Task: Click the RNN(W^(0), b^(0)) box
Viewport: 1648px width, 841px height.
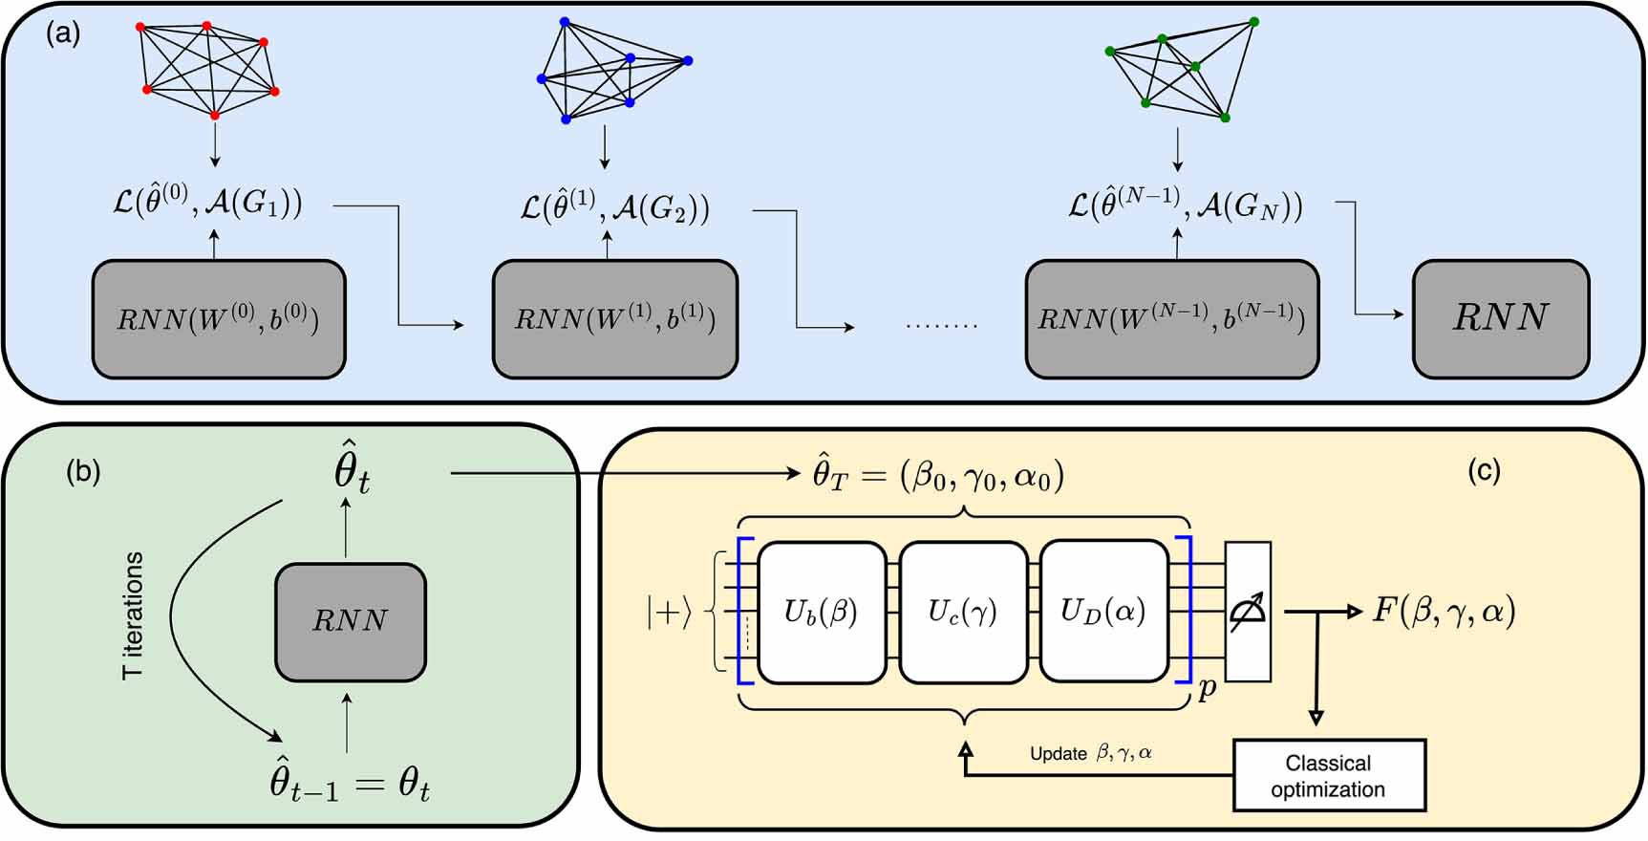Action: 219,319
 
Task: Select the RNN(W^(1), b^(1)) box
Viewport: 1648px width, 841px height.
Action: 615,319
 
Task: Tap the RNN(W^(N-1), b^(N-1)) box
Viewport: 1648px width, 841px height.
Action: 1172,319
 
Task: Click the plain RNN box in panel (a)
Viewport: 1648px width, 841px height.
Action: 1500,319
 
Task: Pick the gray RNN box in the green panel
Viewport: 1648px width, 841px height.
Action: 351,621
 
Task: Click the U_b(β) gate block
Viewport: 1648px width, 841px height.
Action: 822,612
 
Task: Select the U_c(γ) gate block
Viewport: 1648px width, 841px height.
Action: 963,612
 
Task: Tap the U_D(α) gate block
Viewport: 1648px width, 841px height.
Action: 1103,612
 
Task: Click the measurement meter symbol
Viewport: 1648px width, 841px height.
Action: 1248,612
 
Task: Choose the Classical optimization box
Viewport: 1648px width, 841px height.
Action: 1329,776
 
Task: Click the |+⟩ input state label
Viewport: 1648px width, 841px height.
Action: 668,613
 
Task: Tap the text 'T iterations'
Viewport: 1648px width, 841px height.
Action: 133,615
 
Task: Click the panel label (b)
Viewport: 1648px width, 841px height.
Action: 83,472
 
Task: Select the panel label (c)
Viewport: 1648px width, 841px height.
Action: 1484,470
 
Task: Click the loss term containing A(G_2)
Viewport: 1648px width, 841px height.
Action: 615,207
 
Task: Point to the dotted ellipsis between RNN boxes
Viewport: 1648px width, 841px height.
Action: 942,325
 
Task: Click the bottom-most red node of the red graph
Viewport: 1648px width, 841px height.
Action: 215,116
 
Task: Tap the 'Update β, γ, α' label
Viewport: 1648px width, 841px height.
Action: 1091,753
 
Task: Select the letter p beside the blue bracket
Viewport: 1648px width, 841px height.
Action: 1207,689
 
